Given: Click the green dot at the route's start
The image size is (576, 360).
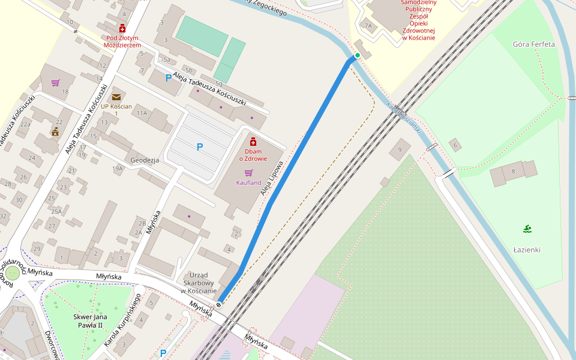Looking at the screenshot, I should click(x=358, y=56).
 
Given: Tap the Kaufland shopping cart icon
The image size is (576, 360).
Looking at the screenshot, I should click(x=248, y=173).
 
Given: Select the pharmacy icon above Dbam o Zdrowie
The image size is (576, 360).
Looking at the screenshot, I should click(x=253, y=142).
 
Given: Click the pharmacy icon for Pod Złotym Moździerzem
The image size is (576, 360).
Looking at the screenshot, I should click(x=122, y=28).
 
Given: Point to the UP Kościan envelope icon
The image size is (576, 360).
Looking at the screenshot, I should click(x=116, y=97).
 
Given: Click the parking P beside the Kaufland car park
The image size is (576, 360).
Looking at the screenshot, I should click(x=200, y=147).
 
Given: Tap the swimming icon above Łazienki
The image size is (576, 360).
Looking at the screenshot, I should click(x=527, y=229).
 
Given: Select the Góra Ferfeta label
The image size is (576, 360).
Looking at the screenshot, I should click(x=534, y=44).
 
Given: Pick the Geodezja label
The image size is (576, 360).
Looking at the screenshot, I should click(x=145, y=161).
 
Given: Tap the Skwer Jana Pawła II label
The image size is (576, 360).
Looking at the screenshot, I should click(x=90, y=321).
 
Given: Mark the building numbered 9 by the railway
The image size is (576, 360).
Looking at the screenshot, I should click(x=400, y=149).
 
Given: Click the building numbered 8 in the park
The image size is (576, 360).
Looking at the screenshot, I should click(x=513, y=172).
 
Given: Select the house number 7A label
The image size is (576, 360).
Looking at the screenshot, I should click(x=368, y=26).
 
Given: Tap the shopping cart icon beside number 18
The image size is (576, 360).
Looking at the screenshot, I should click(x=55, y=83).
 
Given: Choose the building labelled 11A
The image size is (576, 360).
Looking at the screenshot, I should click(x=142, y=113).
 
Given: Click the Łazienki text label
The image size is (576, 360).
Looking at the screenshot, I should click(x=527, y=250).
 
